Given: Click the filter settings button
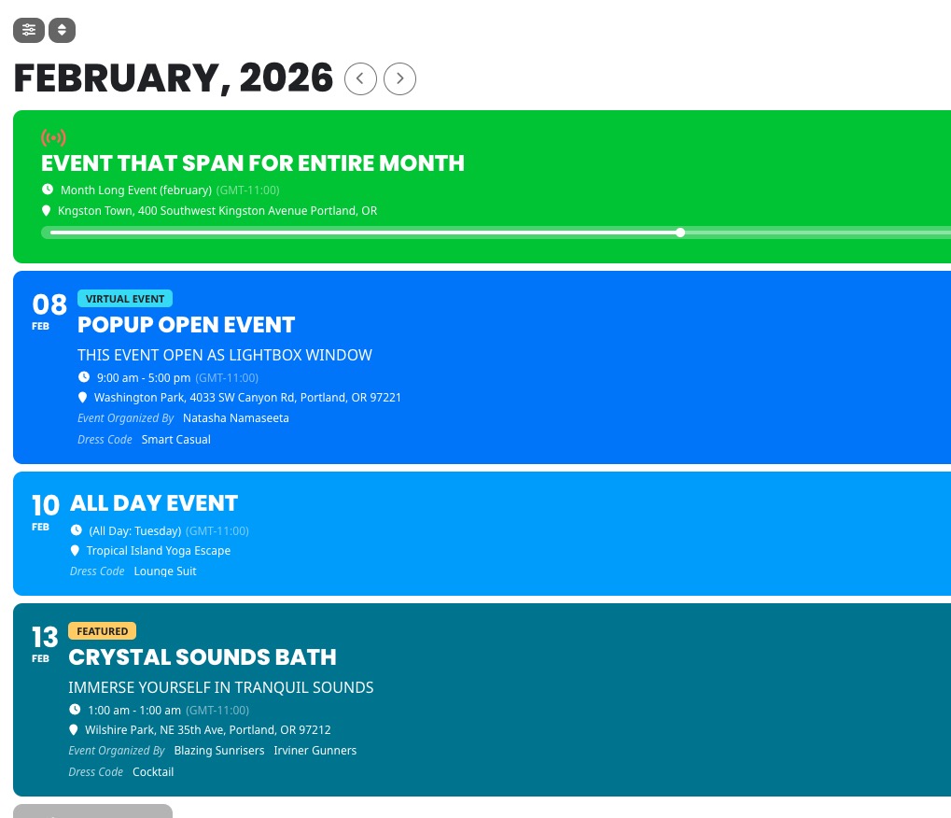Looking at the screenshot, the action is [29, 30].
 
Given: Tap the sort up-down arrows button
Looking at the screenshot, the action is [62, 30].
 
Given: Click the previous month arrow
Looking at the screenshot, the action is [360, 78].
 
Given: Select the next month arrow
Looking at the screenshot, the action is [399, 78].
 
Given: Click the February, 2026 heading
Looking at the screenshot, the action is [174, 78].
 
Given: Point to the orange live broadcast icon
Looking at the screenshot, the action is [53, 138].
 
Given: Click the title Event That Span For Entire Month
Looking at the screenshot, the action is [253, 163].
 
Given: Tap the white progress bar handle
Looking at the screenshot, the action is [680, 233].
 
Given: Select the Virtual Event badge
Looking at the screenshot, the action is [125, 299].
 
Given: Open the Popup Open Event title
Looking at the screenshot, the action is [187, 325].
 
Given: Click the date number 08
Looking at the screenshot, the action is [49, 304].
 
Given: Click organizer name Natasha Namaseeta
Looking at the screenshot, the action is [236, 418].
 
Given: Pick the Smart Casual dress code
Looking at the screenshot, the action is [175, 439].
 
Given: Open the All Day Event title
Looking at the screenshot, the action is [154, 503].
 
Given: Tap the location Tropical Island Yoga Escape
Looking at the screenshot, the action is [159, 550].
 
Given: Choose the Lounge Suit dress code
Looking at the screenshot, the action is [165, 571].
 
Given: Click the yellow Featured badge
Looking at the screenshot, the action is [103, 631].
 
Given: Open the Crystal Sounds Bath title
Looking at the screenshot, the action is [203, 657].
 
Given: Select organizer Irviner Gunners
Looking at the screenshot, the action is [315, 751].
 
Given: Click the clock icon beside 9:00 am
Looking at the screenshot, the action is [84, 377].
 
